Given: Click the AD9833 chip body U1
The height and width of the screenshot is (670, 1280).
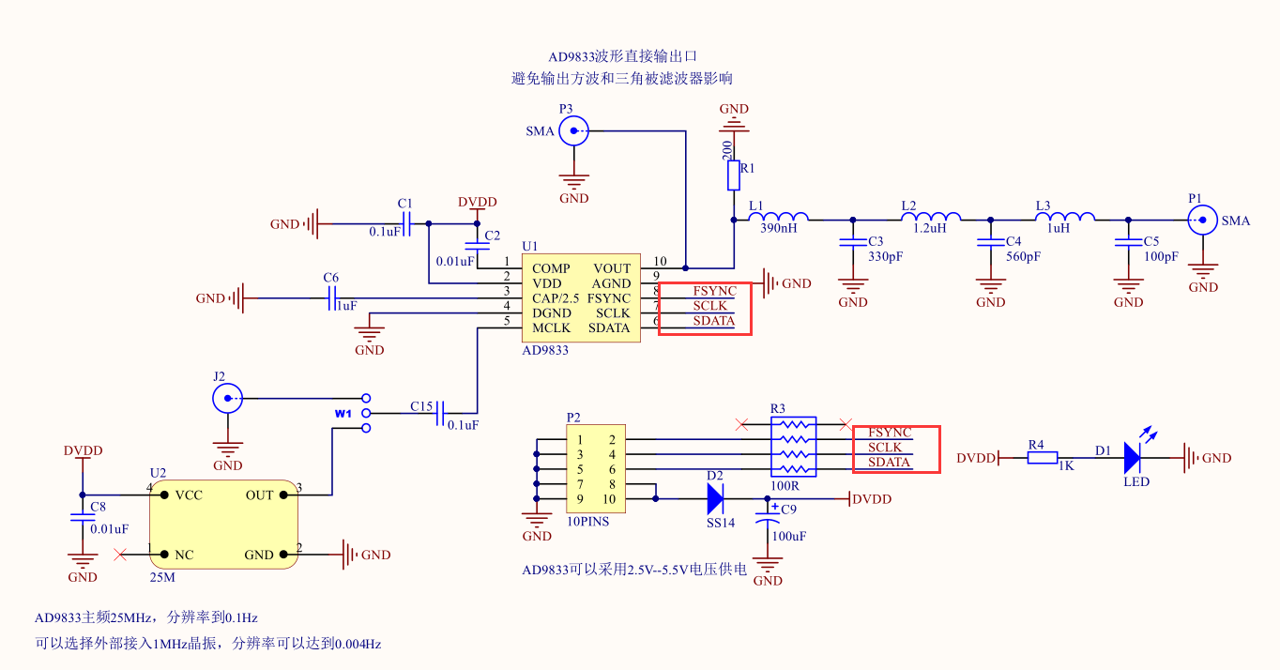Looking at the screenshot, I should point(581,297).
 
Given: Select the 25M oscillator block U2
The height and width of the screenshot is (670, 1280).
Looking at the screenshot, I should point(223,524).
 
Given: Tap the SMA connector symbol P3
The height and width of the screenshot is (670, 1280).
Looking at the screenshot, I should point(573,131).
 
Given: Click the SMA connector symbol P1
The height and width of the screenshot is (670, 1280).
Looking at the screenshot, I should point(1202,221).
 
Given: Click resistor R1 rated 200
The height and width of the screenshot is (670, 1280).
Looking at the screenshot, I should point(734,175).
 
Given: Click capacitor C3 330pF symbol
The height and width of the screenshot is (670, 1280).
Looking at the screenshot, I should point(852,242).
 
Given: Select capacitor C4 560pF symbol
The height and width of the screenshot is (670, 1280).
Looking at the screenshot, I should point(990,242).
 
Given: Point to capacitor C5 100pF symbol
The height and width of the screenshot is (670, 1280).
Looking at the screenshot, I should point(1127,242).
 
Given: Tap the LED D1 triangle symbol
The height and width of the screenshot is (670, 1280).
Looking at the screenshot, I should point(1132,458).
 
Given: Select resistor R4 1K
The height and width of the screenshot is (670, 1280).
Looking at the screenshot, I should point(1042,458).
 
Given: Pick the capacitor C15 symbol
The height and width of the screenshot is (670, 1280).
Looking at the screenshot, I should point(440,413).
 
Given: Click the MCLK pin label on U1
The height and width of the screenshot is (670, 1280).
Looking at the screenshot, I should point(551,328).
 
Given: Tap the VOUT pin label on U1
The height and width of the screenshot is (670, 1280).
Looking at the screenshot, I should point(612,269).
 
